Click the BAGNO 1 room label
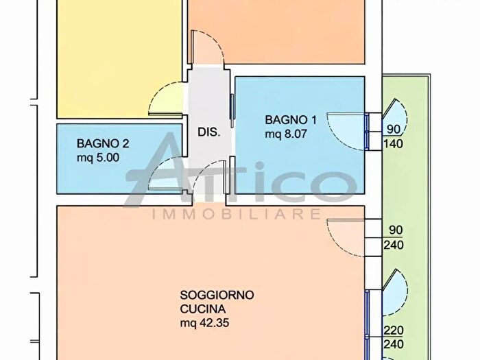291,120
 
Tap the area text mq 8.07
286,134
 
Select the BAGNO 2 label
103,143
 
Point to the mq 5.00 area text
98,158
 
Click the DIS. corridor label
208,132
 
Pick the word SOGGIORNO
217,295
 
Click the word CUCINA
203,309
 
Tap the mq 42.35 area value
204,323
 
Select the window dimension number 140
393,143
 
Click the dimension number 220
394,331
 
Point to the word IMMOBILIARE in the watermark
237,214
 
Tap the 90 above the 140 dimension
394,129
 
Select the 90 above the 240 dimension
396,230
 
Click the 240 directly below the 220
394,344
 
